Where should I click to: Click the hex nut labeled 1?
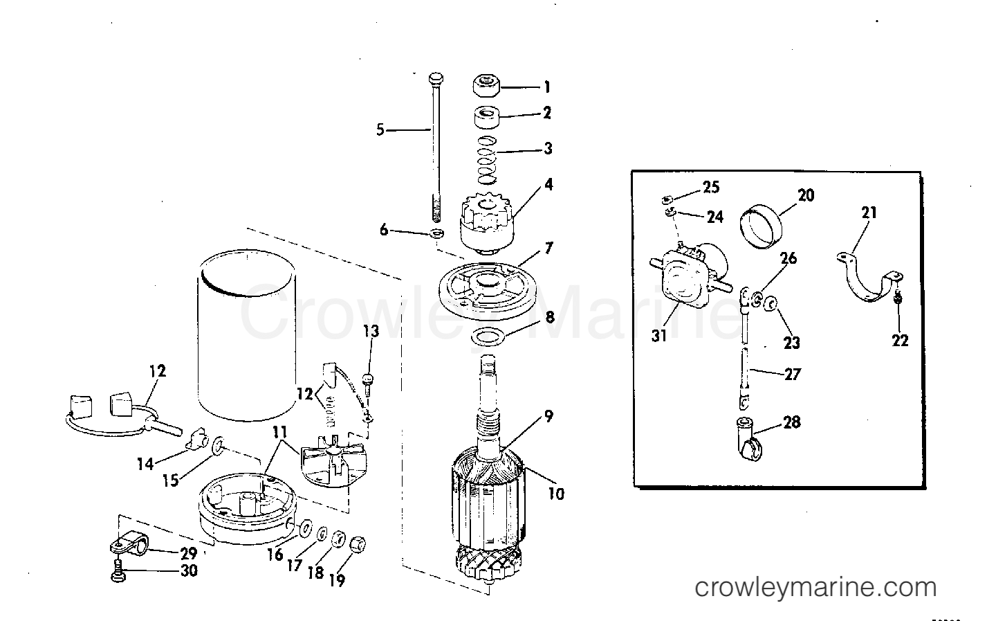488,87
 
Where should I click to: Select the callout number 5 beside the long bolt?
380,129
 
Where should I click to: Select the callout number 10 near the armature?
556,493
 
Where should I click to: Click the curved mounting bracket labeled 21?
867,280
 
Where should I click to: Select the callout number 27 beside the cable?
792,374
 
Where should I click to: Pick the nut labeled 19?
358,543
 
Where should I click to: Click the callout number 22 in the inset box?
899,340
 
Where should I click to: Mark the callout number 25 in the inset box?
711,187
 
